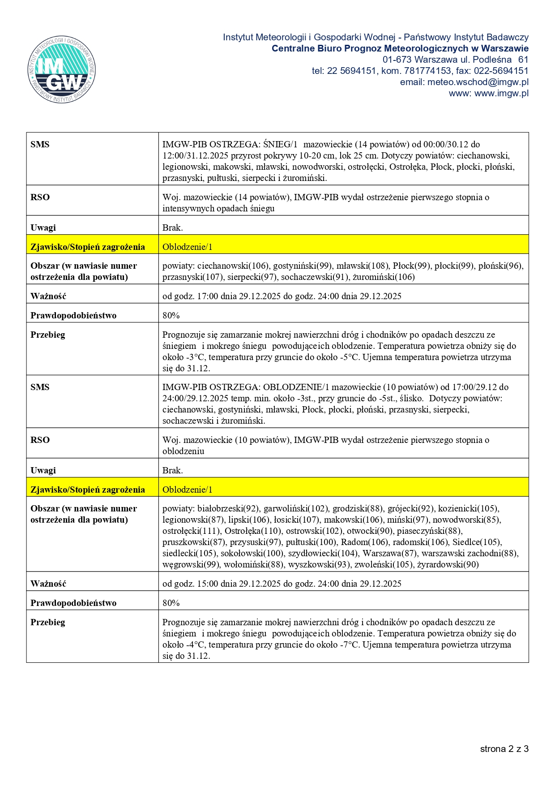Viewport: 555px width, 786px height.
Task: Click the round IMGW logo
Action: tap(62, 70)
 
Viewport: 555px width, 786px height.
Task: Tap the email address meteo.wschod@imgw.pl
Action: tap(478, 82)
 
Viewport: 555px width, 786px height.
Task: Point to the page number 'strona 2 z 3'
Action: tap(504, 749)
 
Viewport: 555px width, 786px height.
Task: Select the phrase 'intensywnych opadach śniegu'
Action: tap(218, 208)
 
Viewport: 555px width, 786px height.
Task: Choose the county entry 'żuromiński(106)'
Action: tap(384, 277)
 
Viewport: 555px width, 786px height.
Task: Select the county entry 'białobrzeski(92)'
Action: tap(228, 508)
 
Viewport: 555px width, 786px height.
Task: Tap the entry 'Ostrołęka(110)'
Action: tap(253, 531)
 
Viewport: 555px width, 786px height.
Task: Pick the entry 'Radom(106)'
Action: tap(364, 542)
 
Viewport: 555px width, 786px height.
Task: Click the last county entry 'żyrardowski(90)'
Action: tap(448, 564)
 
